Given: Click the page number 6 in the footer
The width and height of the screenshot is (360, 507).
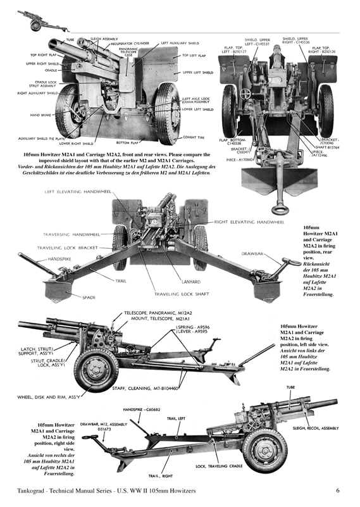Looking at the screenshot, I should [x=338, y=490].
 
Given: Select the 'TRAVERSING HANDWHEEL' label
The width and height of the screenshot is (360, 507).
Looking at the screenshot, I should [x=65, y=234].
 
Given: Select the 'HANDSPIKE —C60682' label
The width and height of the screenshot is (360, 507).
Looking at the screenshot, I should [x=142, y=409].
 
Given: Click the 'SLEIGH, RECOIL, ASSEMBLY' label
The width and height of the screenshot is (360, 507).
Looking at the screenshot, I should [x=316, y=428].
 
